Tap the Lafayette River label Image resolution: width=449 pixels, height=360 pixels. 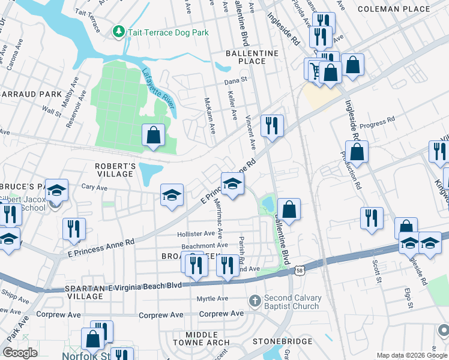[158, 88]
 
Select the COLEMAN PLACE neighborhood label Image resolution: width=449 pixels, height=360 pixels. [402, 9]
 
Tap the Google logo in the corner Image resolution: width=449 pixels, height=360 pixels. [20, 353]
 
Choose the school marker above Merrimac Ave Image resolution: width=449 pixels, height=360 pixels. [232, 184]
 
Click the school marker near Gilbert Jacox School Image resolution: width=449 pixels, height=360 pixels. [56, 191]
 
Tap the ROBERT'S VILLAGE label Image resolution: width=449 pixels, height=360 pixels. [115, 169]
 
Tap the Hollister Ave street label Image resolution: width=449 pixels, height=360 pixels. [195, 234]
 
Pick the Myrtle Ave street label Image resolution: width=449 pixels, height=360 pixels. [212, 298]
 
